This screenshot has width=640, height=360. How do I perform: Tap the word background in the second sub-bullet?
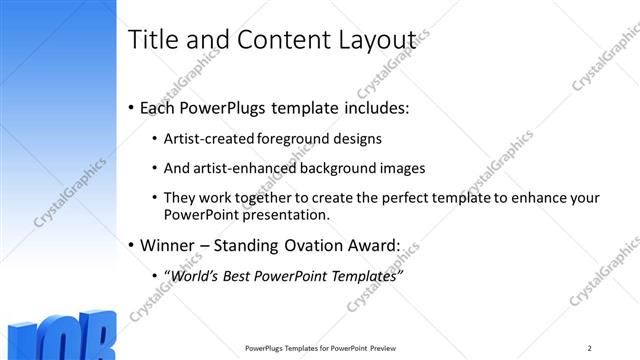tap(331, 168)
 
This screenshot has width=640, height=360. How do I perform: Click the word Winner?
tap(171, 243)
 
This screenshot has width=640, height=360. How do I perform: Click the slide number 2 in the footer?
tap(590, 348)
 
